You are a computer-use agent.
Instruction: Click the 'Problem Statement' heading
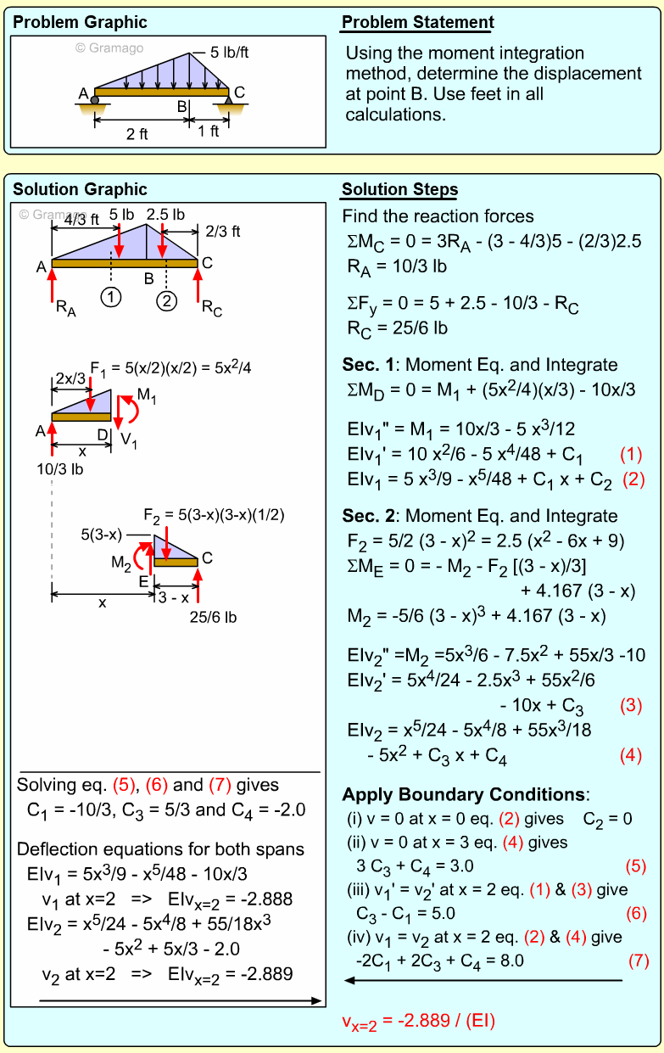(418, 23)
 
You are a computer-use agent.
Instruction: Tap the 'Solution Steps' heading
(399, 190)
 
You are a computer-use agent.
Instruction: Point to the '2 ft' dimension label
(137, 133)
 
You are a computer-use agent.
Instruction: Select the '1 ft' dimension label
(209, 132)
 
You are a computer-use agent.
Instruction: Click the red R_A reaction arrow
(52, 285)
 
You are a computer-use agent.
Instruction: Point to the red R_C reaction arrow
(198, 285)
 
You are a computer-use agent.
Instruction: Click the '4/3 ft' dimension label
(81, 220)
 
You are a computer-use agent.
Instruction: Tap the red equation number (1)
(633, 453)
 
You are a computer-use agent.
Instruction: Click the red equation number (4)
(631, 755)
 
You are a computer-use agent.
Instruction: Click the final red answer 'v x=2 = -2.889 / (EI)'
(418, 1021)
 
